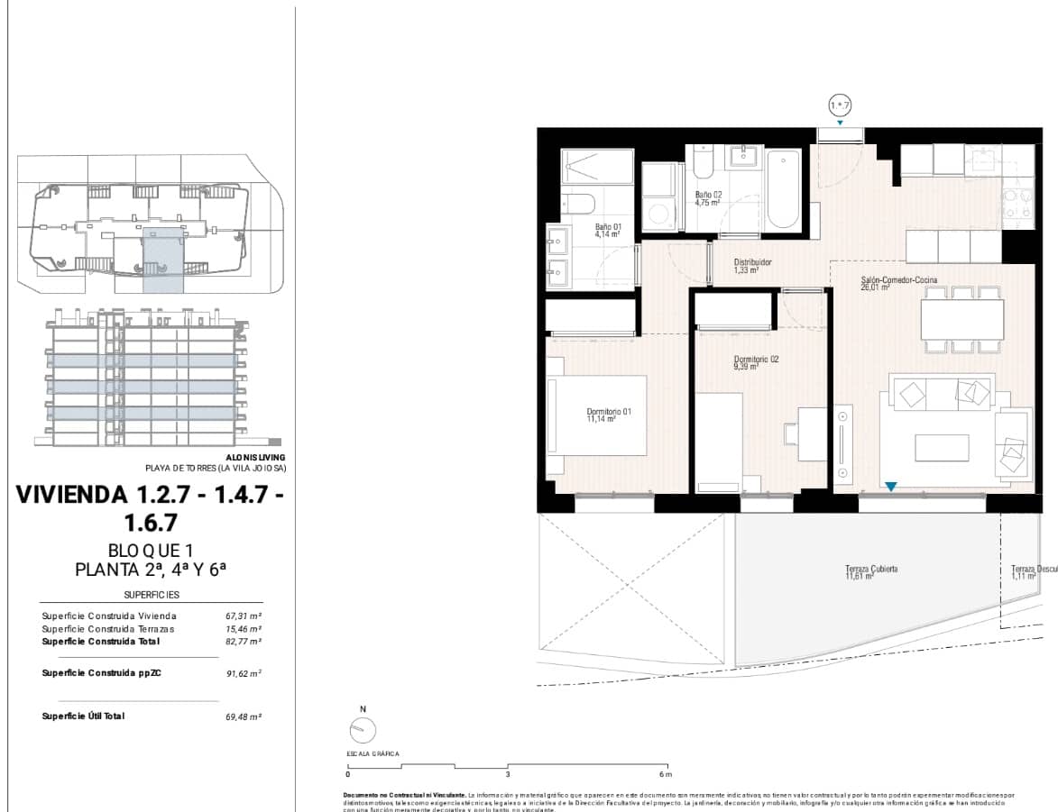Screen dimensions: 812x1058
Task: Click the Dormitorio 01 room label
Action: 609,415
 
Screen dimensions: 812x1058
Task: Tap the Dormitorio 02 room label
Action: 755,362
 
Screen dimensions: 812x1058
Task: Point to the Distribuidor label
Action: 752,266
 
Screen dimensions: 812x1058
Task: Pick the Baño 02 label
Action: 708,198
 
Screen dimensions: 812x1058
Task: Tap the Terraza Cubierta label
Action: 870,572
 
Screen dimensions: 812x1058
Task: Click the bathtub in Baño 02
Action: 782,189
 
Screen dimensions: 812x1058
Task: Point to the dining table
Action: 961,318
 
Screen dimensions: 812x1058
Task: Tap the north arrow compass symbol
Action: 362,729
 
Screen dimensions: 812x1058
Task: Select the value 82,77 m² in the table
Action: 244,642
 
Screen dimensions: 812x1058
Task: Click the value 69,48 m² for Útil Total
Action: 244,716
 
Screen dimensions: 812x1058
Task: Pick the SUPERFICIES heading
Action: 152,595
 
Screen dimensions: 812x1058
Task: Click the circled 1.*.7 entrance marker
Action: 840,106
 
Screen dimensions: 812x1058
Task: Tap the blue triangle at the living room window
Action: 890,488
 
